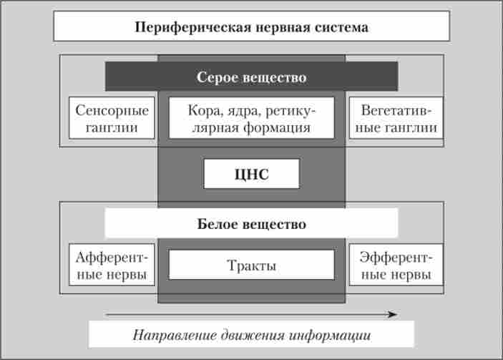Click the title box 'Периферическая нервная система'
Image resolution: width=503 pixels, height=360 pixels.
point(251,26)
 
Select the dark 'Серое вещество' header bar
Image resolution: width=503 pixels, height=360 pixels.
point(251,77)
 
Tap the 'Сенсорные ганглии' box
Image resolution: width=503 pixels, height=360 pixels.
point(112,119)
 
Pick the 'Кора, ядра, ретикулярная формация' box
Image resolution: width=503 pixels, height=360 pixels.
point(251,119)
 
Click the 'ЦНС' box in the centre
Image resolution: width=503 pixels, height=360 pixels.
point(251,173)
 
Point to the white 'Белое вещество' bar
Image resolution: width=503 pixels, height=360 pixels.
point(251,223)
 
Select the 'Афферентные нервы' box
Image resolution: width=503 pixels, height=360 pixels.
point(112,265)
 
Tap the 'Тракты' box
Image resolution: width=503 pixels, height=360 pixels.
point(251,265)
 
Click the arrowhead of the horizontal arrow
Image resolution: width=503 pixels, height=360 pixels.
point(393,313)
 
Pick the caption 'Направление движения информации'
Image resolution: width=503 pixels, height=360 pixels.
point(251,334)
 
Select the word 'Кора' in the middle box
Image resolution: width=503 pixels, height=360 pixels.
point(203,112)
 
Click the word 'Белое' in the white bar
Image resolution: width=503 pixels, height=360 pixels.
point(214,224)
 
